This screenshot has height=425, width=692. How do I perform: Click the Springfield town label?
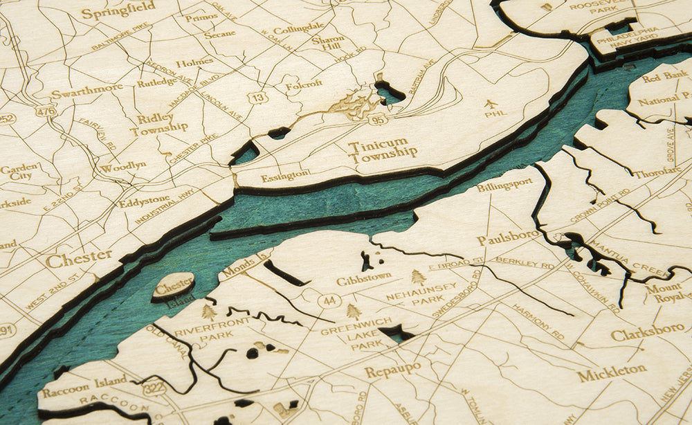tap(118, 12)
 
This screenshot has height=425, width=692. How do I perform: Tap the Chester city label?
tap(78, 259)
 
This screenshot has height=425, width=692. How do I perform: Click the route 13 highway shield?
tap(259, 98)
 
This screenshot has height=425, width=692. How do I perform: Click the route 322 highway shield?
tap(154, 388)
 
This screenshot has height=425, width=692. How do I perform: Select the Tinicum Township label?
tap(383, 152)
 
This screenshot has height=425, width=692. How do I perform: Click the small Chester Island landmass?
tap(173, 284)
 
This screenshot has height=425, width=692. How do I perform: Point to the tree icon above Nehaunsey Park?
tap(418, 277)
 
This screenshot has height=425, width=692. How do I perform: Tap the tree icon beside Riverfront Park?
tap(208, 311)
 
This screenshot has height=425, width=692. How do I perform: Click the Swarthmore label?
tap(86, 90)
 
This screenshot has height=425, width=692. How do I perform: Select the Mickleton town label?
tap(612, 374)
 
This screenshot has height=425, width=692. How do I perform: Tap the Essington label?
tap(285, 176)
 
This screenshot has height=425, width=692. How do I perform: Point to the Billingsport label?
tap(504, 185)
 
